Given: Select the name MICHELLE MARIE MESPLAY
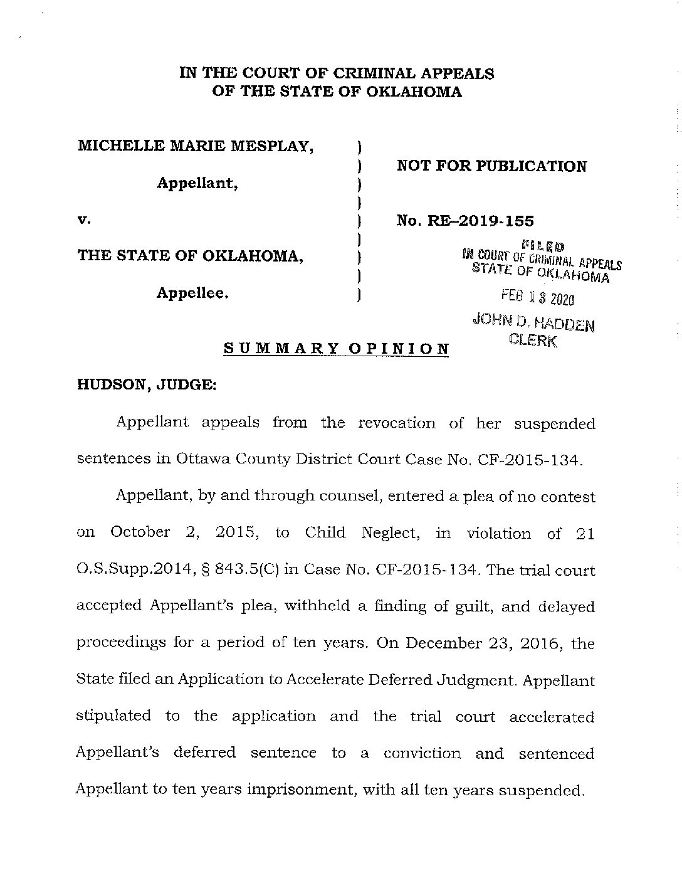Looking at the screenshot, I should pyautogui.click(x=196, y=147).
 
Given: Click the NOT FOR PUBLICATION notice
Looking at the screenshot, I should pyautogui.click(x=492, y=166).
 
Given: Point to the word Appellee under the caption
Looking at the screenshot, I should pyautogui.click(x=192, y=293).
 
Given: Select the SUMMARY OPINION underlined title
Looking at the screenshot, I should pyautogui.click(x=337, y=349).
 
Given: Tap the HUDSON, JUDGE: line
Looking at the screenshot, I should pyautogui.click(x=146, y=386).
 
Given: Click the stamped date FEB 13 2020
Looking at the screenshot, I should pyautogui.click(x=537, y=298).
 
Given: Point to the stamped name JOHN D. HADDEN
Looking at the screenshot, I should pyautogui.click(x=535, y=323).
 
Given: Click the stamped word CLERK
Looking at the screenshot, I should pyautogui.click(x=533, y=340).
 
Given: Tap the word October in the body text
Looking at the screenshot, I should pyautogui.click(x=140, y=532).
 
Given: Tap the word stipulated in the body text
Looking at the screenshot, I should pyautogui.click(x=113, y=716).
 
